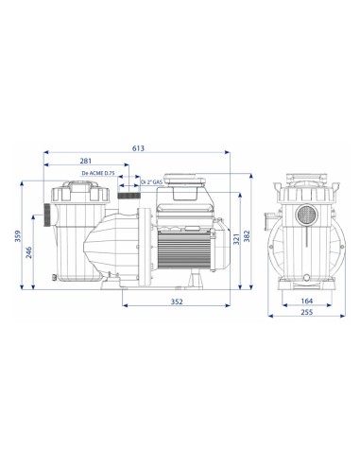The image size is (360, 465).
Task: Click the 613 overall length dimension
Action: [x=138, y=148]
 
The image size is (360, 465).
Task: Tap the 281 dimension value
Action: [x=86, y=161]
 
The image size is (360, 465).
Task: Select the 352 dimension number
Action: [x=177, y=301]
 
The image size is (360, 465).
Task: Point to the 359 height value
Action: [x=18, y=236]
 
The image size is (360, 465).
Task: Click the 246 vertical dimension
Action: [x=29, y=252]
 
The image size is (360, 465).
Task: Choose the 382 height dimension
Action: [x=247, y=236]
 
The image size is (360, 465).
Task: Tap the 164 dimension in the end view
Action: [x=307, y=301]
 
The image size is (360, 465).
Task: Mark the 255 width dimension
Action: [x=307, y=312]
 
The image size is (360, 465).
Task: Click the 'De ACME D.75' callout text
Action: [x=98, y=173]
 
